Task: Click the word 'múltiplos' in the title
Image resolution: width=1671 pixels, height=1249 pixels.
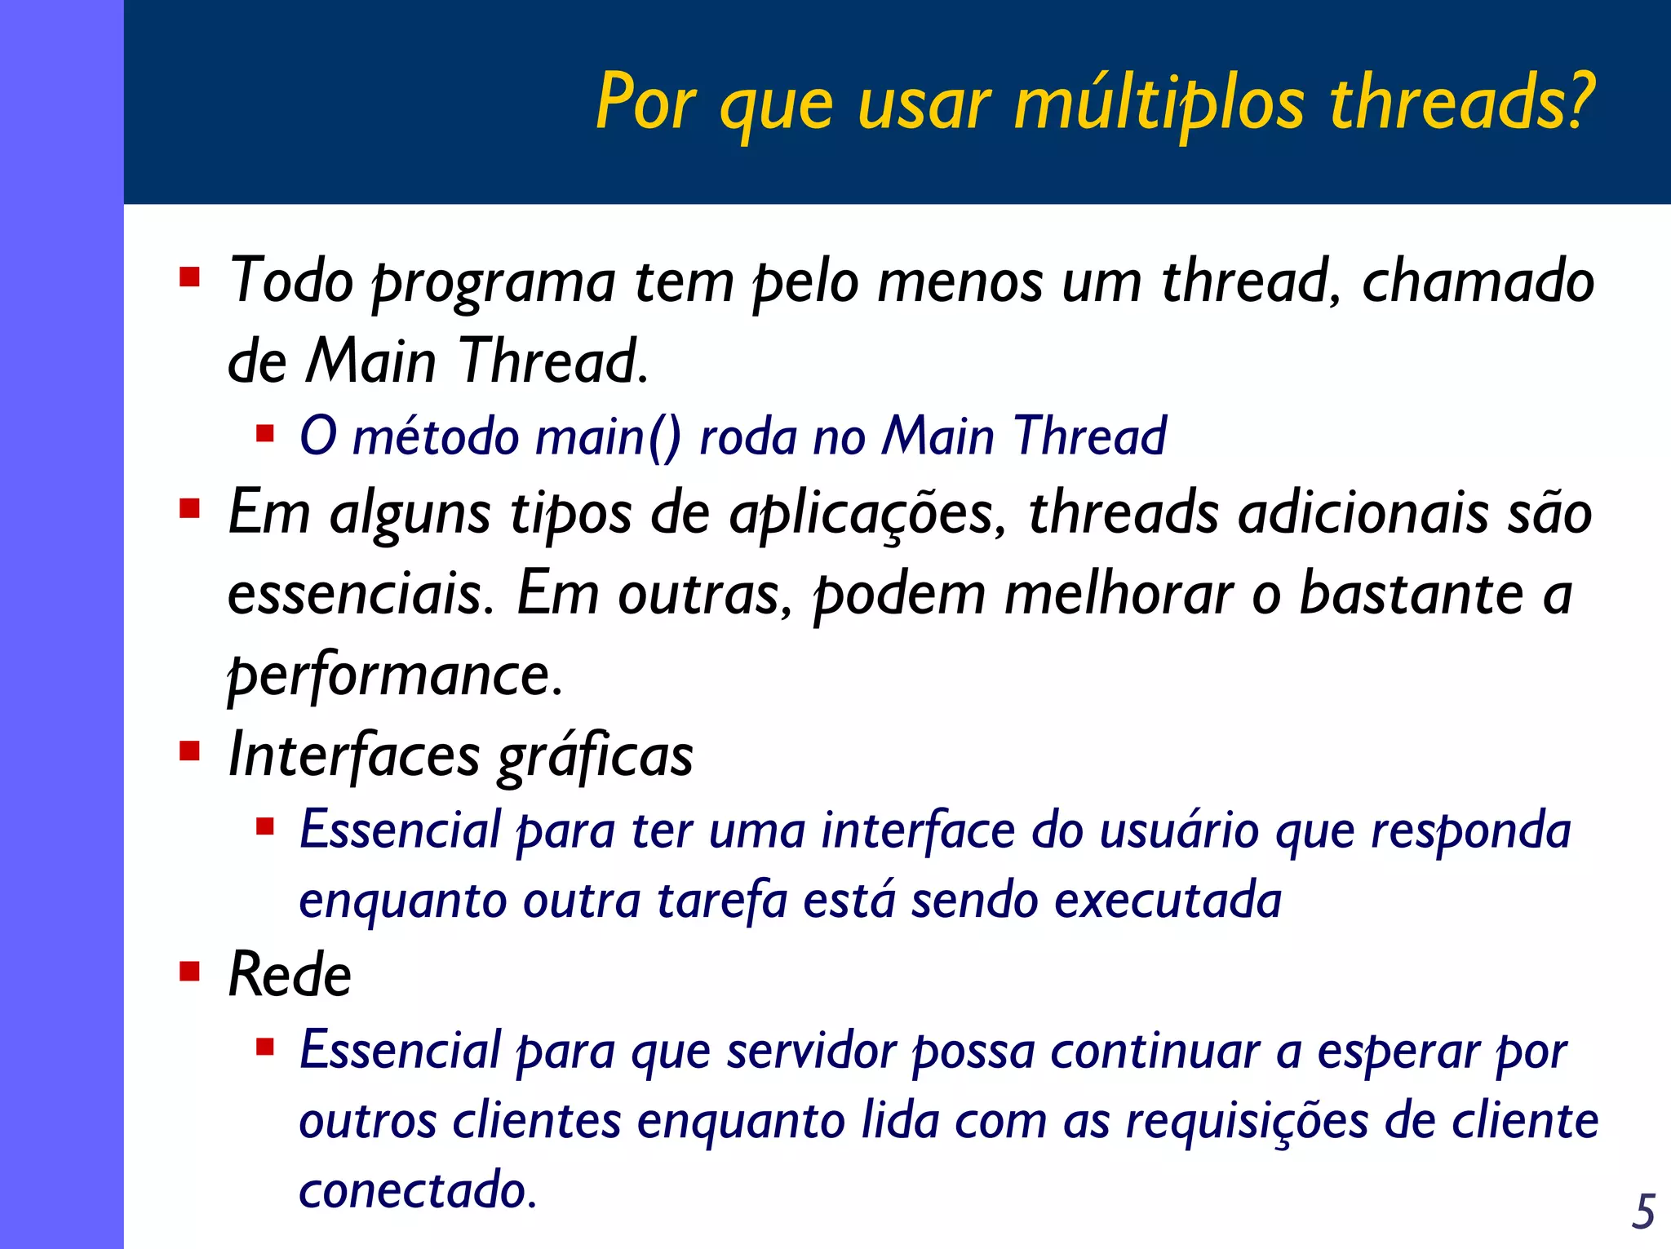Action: pyautogui.click(x=1159, y=104)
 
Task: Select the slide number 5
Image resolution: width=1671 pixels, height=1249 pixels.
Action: pyautogui.click(x=1643, y=1211)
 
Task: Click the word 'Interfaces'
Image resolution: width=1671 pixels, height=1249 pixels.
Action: pyautogui.click(x=354, y=755)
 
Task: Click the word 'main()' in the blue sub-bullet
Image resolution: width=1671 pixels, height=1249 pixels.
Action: pyautogui.click(x=607, y=436)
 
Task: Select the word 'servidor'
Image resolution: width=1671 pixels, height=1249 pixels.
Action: pyautogui.click(x=812, y=1051)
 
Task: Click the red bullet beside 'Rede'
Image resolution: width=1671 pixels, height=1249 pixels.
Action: pyautogui.click(x=190, y=971)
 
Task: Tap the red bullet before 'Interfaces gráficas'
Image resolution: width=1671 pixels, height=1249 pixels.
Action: pyautogui.click(x=190, y=751)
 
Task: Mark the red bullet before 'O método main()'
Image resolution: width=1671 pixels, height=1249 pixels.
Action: pyautogui.click(x=264, y=432)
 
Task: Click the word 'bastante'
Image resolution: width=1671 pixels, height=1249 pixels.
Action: pyautogui.click(x=1411, y=593)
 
